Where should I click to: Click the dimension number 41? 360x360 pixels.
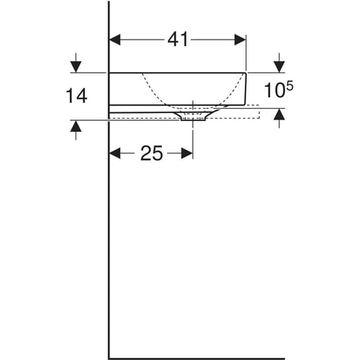point(178,40)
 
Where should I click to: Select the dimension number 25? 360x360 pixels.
point(152,153)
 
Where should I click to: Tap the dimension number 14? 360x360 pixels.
point(76,96)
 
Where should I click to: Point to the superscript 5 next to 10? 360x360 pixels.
point(289,86)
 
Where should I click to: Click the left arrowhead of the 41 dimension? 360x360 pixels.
point(114,40)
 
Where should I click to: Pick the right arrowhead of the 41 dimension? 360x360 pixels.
point(240,40)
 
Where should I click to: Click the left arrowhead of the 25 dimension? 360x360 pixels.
point(114,153)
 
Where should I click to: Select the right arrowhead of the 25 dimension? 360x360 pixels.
point(187,153)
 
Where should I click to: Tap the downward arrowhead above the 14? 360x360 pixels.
point(76,67)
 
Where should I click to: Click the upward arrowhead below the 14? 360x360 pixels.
point(76,126)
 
